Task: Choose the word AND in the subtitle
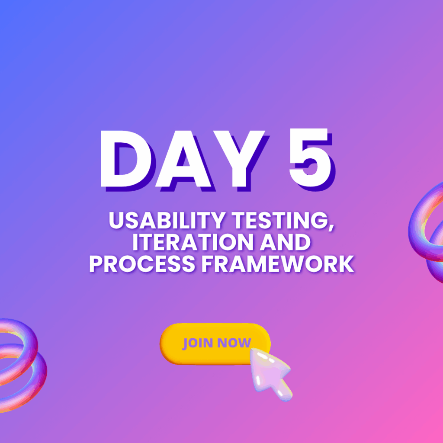tap(285, 242)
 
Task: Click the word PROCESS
tap(142, 264)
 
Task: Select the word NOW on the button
tap(234, 343)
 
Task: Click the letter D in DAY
tap(127, 160)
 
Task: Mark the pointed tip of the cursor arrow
tap(251, 349)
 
